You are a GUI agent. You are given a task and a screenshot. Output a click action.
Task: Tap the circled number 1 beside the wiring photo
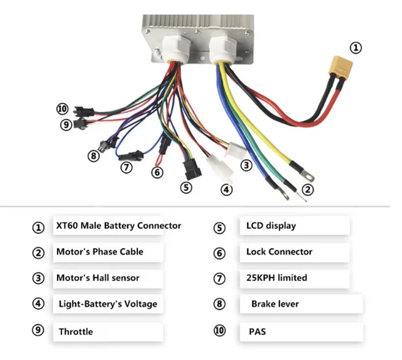point(356,47)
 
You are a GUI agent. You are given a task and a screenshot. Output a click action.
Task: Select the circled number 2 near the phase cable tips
point(308,190)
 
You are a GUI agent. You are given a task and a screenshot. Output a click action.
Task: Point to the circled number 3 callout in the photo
point(246,165)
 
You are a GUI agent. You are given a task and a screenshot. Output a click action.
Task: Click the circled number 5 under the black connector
point(186,188)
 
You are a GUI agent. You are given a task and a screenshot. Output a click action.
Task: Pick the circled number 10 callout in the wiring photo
point(61,109)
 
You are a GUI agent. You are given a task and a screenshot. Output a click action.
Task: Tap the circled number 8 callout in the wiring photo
point(93,156)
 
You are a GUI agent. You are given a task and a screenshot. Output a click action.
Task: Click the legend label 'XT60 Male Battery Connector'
point(118,225)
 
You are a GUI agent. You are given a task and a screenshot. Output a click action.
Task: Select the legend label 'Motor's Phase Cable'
point(99,252)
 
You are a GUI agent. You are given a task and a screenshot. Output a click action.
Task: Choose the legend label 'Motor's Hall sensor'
point(97,278)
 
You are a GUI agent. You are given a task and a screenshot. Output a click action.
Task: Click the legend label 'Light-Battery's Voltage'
point(108,304)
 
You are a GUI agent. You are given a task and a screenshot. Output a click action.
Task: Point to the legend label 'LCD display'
point(271,225)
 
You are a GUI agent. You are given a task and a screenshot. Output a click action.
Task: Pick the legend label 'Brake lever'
point(275,304)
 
